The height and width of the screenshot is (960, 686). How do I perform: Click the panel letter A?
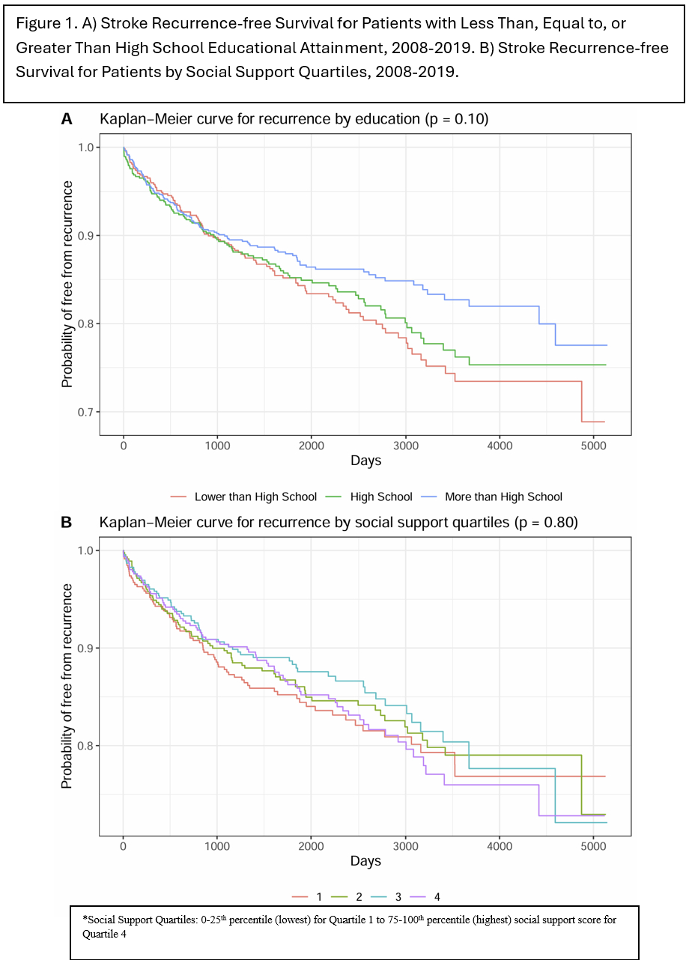(67, 119)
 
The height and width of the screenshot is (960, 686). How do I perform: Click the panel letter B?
(67, 523)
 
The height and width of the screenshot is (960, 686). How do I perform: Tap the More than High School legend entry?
(503, 496)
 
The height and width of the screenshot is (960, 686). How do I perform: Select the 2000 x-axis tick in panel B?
(311, 846)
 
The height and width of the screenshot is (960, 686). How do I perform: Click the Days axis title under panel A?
(365, 461)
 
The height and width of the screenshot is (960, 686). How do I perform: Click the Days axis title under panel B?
(365, 861)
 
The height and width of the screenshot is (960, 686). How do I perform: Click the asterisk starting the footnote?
(84, 920)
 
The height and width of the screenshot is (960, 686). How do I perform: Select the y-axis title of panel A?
(67, 285)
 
